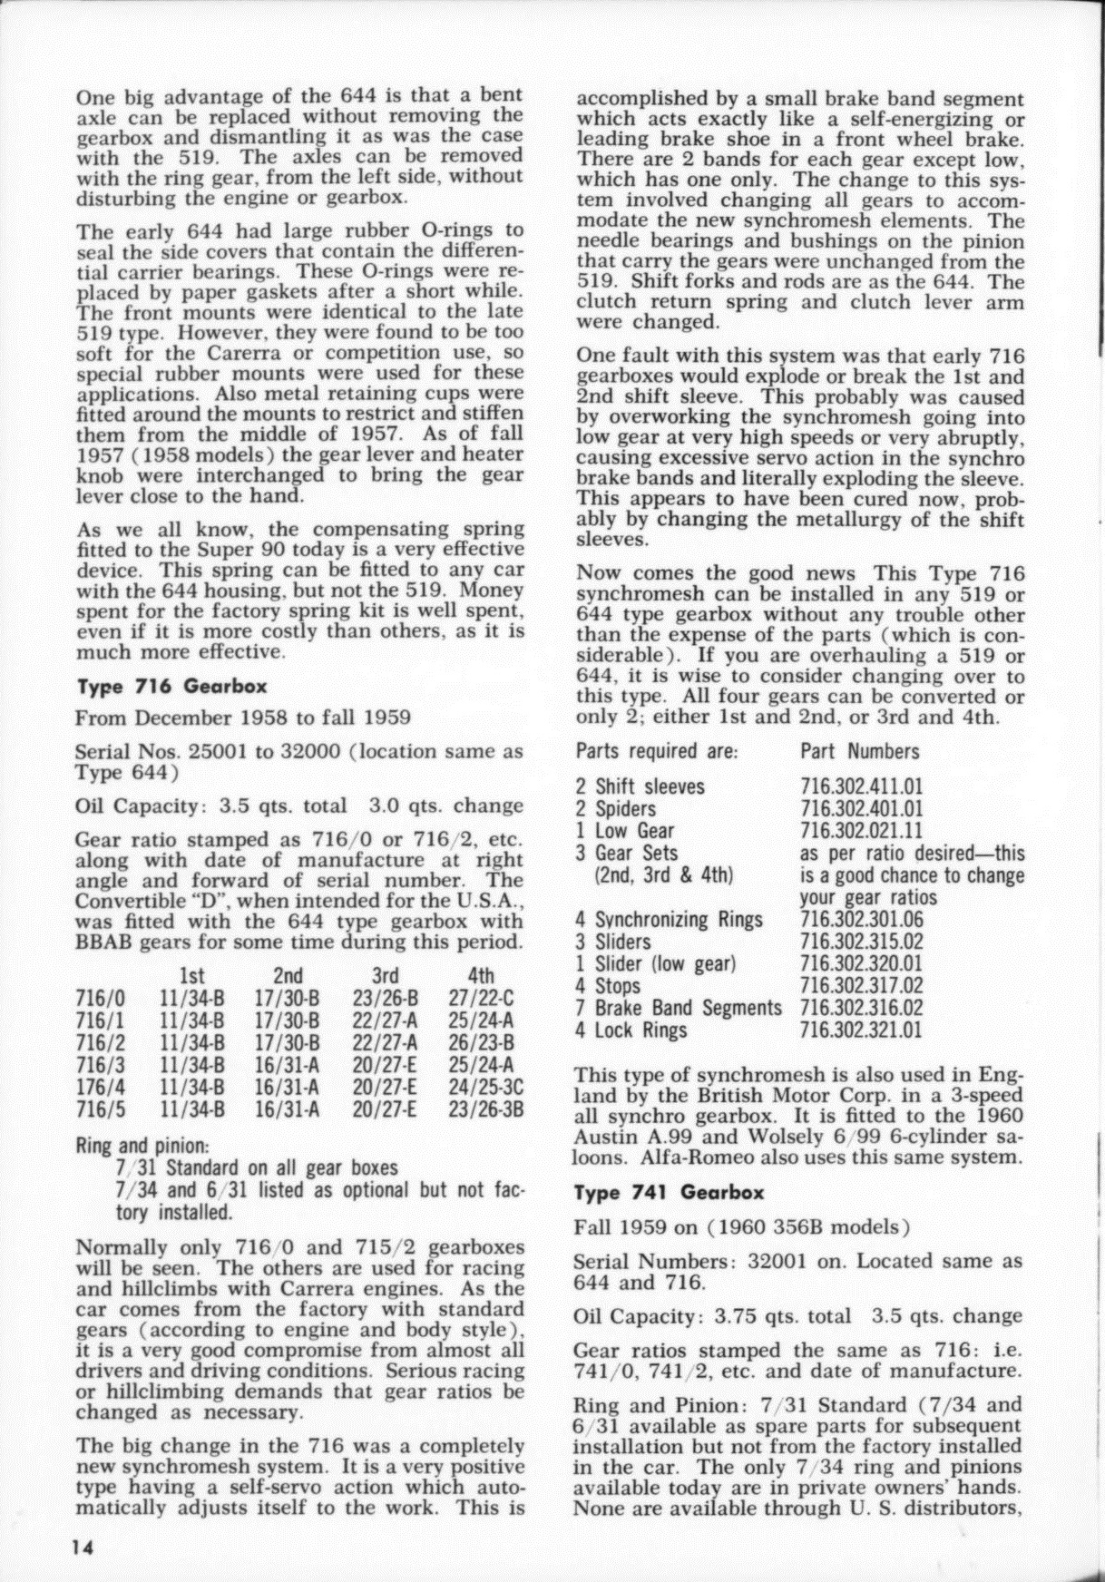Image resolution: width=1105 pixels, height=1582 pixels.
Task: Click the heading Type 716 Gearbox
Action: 171,687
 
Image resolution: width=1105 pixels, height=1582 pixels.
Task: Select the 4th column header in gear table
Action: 480,976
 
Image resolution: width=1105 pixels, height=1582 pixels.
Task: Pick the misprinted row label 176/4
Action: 93,1087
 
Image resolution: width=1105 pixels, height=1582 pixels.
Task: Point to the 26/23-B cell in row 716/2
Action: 482,1042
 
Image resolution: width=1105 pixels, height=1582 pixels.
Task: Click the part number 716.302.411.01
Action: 861,786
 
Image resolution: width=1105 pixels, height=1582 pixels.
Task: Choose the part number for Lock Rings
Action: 861,1030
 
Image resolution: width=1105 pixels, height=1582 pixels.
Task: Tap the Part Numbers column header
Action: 859,751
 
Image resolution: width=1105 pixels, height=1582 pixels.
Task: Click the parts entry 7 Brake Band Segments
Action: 679,1008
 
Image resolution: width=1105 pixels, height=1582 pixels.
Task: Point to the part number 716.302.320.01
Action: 861,963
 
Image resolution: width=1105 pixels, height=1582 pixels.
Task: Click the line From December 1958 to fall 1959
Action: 243,718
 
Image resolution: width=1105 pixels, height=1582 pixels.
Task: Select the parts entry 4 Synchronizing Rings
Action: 670,920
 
